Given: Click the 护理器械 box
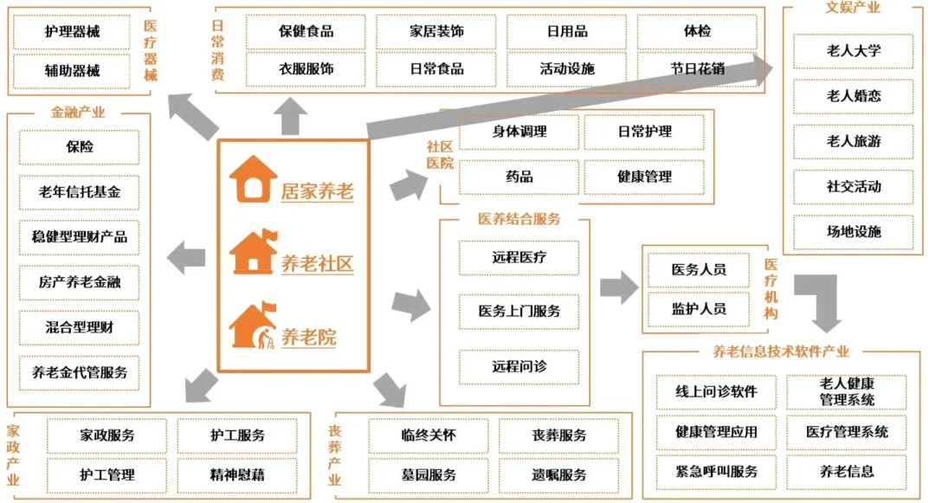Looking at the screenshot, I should [73, 32].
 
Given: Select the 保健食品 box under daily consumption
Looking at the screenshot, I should [306, 32].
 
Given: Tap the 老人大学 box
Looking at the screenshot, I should [853, 51].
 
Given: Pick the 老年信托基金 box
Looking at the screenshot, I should [80, 191].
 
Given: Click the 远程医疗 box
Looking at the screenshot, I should [519, 257].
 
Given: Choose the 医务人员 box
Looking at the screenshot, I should [699, 269].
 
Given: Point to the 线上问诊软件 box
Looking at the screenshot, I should [716, 391].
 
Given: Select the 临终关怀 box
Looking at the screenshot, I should [429, 435].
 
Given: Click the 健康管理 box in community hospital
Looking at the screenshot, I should [644, 177].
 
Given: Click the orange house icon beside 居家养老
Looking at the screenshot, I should [254, 179].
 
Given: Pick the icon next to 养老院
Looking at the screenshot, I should [254, 326].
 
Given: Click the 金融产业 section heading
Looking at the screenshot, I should [78, 113].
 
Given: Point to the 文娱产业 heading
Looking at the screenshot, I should [853, 8].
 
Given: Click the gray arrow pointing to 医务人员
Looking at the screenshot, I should [618, 287].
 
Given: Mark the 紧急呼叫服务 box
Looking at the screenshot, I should [716, 472].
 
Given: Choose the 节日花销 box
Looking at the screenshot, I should [698, 68].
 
